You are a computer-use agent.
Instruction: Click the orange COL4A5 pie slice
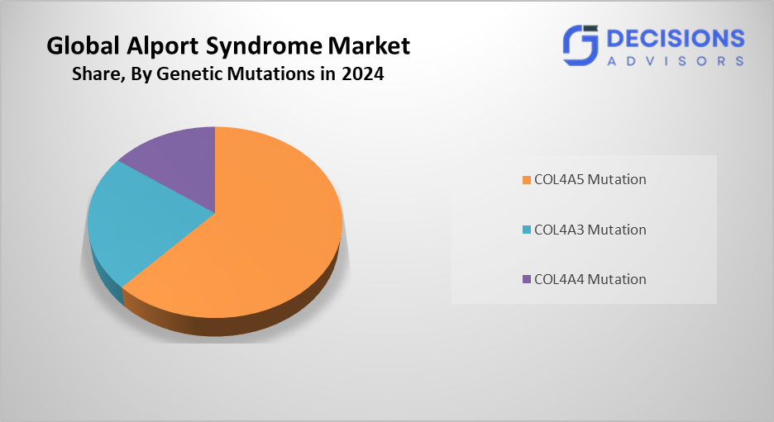265,239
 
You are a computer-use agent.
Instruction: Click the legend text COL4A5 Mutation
590,179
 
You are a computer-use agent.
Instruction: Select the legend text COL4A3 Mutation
590,230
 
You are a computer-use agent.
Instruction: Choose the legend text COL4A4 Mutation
590,279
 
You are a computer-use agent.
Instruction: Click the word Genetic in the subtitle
186,74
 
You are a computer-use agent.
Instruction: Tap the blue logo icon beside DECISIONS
580,45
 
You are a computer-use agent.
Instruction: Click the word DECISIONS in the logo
675,38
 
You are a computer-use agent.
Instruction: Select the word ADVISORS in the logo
675,60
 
